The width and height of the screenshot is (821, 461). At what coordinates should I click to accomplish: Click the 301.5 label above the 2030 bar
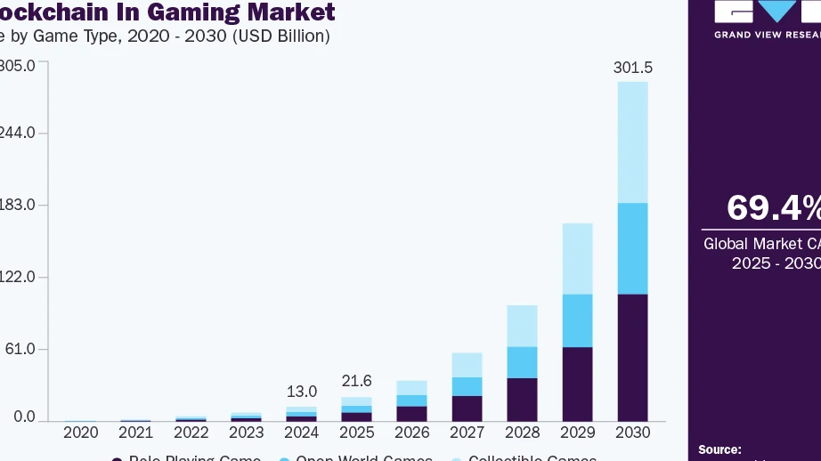coord(631,68)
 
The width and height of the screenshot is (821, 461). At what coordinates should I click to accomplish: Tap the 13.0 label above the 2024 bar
coord(301,392)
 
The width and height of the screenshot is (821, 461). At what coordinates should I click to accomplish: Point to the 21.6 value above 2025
coord(356,381)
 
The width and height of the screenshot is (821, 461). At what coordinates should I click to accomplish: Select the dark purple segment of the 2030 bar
coord(631,357)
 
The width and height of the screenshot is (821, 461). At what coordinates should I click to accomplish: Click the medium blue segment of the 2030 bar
coord(631,248)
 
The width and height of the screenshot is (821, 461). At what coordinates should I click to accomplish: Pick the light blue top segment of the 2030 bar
coord(631,142)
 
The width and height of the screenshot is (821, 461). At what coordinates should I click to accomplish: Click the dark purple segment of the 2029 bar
coord(577,384)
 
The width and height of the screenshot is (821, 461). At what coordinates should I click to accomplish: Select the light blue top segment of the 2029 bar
coord(577,258)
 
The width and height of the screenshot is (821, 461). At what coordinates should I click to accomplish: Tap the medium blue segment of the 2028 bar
coord(522,362)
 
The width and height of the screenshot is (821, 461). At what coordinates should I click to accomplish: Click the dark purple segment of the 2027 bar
coord(467,408)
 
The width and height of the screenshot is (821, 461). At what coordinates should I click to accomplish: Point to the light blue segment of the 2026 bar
coord(411,387)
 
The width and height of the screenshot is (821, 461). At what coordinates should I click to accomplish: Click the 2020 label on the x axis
coord(80,433)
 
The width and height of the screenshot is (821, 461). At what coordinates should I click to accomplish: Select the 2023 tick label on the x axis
coord(246,433)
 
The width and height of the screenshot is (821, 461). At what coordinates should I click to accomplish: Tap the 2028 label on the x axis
coord(522,433)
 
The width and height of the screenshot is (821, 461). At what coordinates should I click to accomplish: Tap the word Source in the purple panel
coord(719,450)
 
